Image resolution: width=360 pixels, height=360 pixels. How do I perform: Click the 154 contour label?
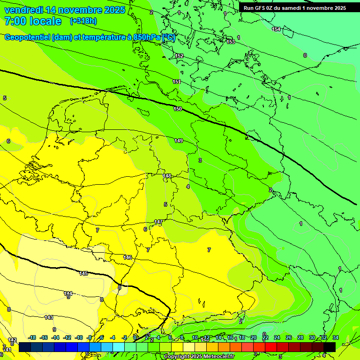(277, 29)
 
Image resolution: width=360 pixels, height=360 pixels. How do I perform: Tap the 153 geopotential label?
(231, 42)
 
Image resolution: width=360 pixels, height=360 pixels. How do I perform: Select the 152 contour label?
(179, 56)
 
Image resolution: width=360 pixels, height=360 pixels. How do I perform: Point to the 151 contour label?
(177, 82)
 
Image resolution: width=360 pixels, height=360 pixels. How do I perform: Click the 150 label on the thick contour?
(178, 109)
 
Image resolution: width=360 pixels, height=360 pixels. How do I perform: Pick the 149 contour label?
(179, 141)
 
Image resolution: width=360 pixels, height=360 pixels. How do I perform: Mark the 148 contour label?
(167, 176)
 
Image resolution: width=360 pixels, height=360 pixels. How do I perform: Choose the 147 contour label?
(158, 222)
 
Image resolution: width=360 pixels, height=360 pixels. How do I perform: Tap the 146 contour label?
(127, 257)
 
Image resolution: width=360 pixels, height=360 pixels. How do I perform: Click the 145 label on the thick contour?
(83, 273)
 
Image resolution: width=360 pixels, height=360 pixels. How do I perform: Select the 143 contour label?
(49, 317)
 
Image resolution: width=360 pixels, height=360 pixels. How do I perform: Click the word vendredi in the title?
(23, 10)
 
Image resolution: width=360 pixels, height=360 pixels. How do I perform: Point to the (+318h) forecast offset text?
(83, 21)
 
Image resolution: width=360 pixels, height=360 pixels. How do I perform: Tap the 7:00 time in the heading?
(15, 21)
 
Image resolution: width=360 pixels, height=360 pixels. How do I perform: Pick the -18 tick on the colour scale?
(32, 337)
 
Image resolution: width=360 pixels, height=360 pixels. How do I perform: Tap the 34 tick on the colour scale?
(335, 337)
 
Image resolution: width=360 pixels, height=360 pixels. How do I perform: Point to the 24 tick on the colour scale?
(277, 337)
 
